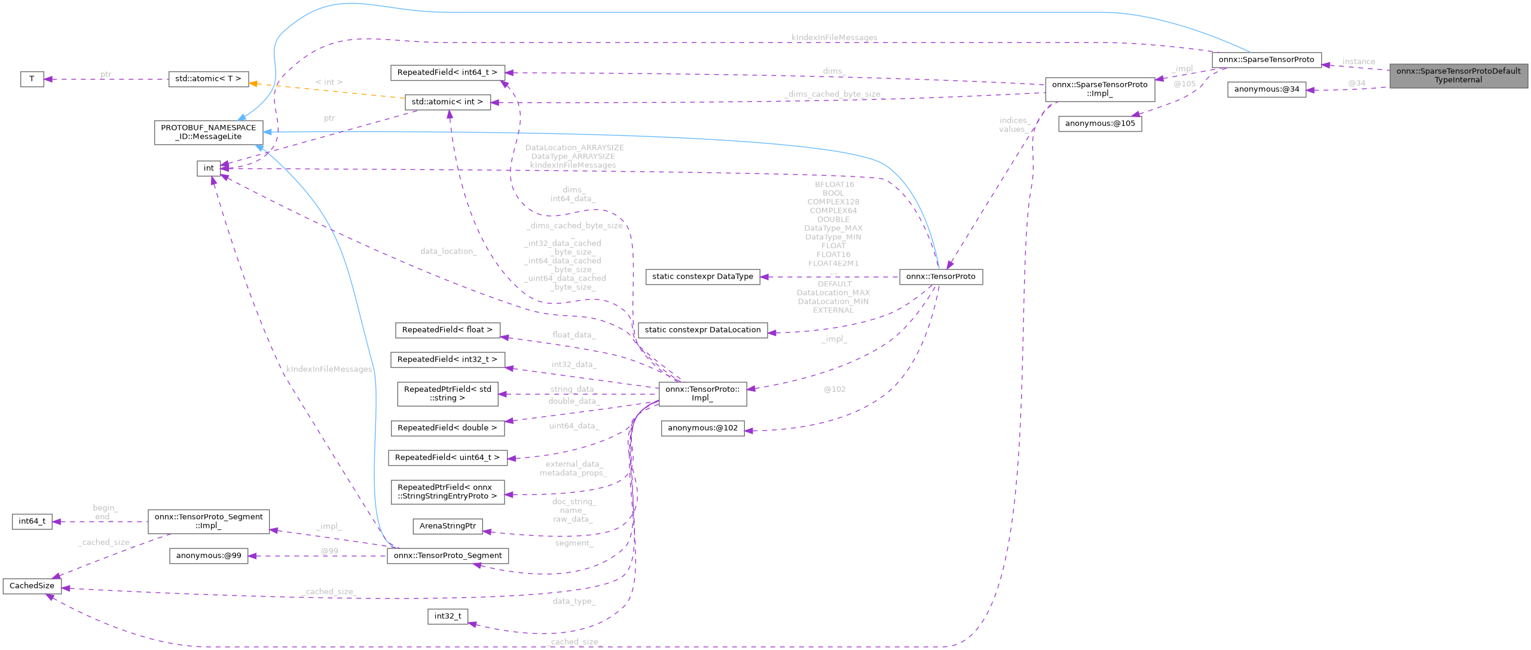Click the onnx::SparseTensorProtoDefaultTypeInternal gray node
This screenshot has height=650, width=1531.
pos(1457,75)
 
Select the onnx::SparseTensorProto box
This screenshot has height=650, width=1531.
pos(1266,60)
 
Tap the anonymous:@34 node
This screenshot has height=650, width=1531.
pos(1266,90)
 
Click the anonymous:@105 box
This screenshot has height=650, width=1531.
pos(1099,124)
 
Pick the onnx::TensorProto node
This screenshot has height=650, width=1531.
pos(940,276)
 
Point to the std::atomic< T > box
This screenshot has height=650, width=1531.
pos(208,79)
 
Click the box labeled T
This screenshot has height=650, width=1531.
pos(32,79)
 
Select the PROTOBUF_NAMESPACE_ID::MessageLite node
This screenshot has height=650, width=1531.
pos(208,132)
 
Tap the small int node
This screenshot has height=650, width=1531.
pos(209,168)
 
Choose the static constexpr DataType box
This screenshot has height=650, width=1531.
pos(702,276)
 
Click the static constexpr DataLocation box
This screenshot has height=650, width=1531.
pos(702,329)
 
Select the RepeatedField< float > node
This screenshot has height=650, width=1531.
pos(447,329)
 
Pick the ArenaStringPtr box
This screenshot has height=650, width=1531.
pos(447,526)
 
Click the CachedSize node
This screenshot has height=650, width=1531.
pos(32,585)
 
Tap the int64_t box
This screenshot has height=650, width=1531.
pos(32,521)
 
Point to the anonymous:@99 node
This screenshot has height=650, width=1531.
pos(208,556)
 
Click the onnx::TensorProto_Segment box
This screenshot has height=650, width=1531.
pos(447,556)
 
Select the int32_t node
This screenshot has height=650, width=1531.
pos(447,616)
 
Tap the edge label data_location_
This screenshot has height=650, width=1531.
pos(448,251)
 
